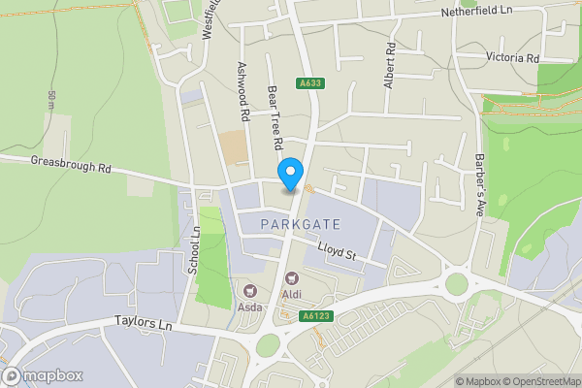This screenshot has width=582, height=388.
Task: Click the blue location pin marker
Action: coord(289,175)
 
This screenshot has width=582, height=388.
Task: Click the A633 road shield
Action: coord(310,83)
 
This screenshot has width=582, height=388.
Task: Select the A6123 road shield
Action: coord(311,315)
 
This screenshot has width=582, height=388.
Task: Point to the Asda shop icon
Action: coord(249,290)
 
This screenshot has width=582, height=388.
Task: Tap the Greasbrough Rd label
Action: coord(72,166)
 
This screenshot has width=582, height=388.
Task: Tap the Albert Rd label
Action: coord(390,66)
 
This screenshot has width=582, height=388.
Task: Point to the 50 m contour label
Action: coord(50,99)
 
